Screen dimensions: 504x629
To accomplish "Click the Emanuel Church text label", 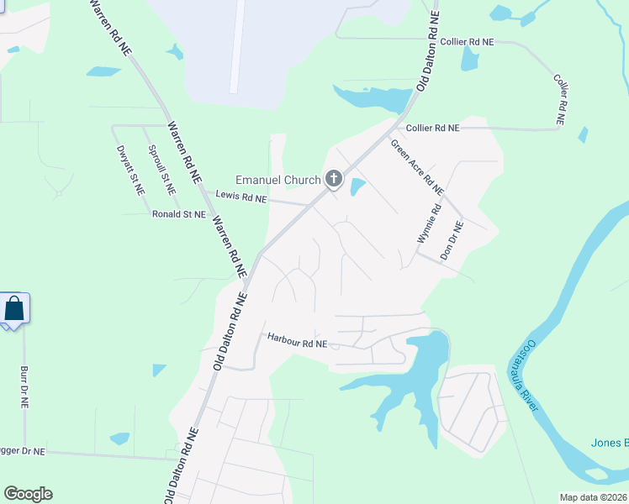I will (x=277, y=180).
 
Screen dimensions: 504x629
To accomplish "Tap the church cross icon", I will (x=334, y=178).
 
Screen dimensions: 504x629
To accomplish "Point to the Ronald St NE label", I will (x=179, y=215).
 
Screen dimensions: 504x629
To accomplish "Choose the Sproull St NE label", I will (x=161, y=171).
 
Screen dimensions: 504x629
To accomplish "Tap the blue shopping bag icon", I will (x=14, y=308).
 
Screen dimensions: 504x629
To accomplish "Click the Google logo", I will (x=28, y=494).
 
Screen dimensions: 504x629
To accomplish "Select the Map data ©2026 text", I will (x=593, y=496).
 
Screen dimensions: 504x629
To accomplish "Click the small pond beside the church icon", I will (x=357, y=186).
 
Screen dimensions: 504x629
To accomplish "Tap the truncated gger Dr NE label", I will (x=24, y=452).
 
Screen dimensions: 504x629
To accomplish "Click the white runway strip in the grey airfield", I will (x=236, y=46).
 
